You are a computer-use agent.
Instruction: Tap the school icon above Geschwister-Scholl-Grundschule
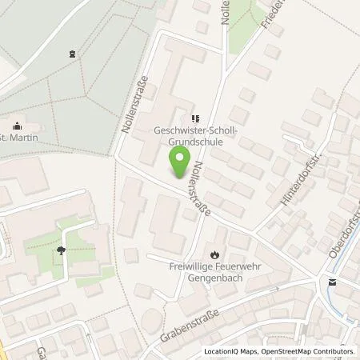[x=196, y=117]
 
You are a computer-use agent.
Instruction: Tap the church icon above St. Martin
[x=16, y=126]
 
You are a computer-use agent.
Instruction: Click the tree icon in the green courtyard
[x=62, y=250]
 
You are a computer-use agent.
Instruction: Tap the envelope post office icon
[x=332, y=282]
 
